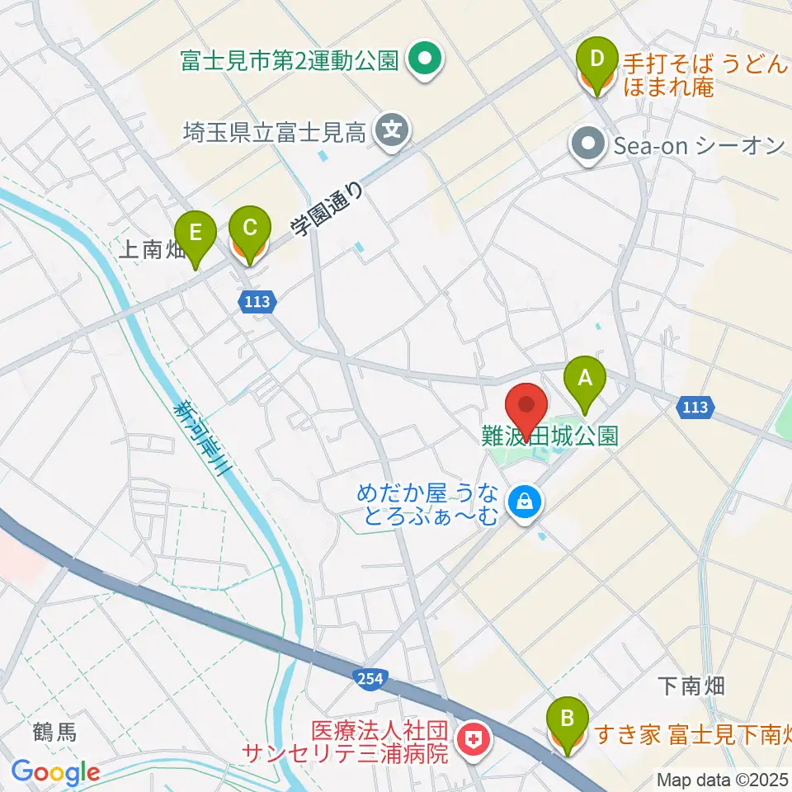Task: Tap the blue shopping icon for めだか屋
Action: point(522,499)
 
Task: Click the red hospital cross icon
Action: point(473,740)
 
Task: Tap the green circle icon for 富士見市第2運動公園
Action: point(426,59)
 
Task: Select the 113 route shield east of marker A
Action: point(695,407)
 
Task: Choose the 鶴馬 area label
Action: point(55,732)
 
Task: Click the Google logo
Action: point(55,772)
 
